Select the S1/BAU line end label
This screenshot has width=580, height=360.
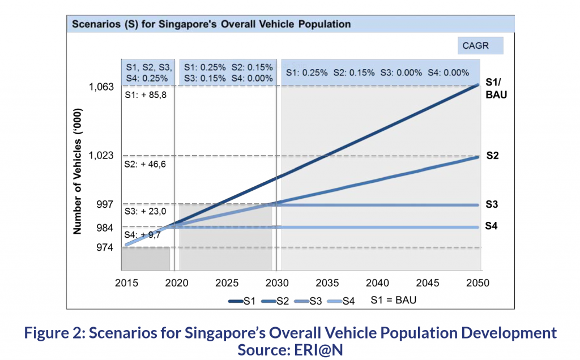click(496, 88)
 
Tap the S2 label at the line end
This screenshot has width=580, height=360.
click(492, 156)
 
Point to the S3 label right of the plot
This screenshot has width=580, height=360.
click(492, 204)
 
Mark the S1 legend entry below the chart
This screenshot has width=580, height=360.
click(241, 301)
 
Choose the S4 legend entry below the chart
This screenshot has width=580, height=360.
click(341, 301)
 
